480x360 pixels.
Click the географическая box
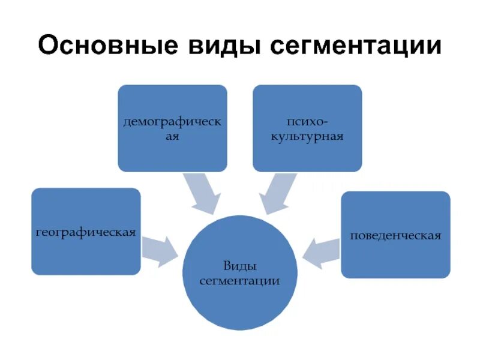(86, 232)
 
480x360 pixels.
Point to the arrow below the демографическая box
(202, 194)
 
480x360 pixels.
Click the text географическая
(86, 232)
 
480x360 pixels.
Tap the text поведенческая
(395, 235)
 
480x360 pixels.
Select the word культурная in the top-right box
(307, 137)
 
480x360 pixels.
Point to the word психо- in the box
(307, 122)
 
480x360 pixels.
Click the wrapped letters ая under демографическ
(172, 137)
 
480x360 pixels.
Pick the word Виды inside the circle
(240, 265)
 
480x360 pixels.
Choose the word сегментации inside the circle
(240, 280)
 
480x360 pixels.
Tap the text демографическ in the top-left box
(172, 122)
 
